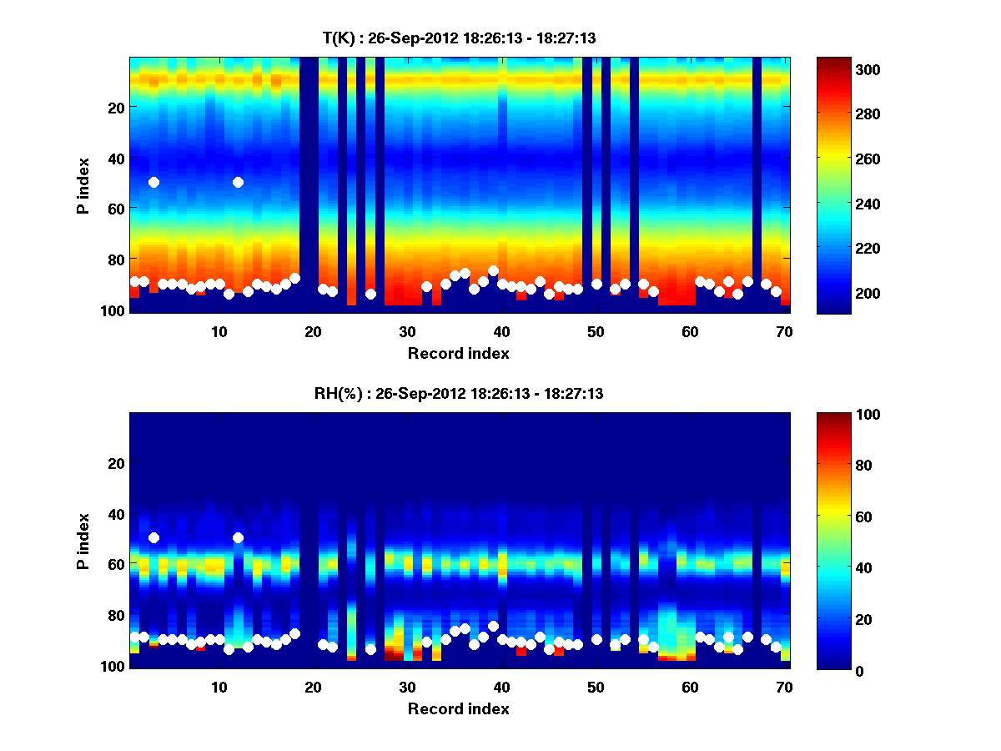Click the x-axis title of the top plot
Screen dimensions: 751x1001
coord(458,353)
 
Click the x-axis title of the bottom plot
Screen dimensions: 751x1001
coord(458,708)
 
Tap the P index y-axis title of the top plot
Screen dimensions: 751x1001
coord(83,184)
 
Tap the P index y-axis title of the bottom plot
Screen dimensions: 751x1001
coord(83,540)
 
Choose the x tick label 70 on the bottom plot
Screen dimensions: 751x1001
coord(784,687)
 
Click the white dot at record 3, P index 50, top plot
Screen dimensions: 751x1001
coord(153,182)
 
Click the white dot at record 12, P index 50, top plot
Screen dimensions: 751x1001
coord(238,182)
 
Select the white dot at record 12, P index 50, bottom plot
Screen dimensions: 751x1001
coord(238,537)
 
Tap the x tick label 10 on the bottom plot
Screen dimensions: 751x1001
coord(219,687)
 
